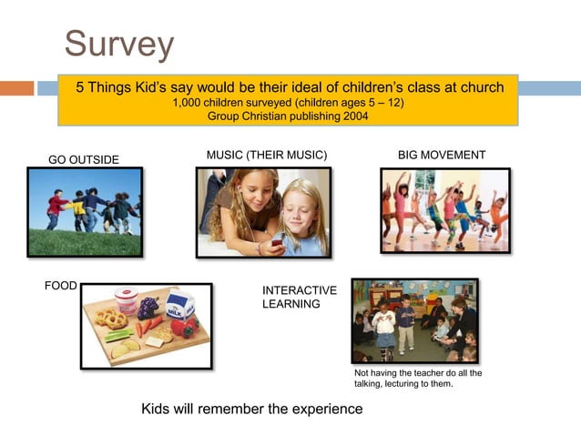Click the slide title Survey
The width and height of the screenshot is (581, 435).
pos(118,43)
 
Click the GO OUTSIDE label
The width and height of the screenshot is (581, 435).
pos(83,160)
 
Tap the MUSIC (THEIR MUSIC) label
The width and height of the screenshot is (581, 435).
pos(266,155)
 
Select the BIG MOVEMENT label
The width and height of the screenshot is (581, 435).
pos(442,155)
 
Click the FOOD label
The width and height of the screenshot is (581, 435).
pos(61,286)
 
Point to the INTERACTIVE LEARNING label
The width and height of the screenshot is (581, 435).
pos(299,297)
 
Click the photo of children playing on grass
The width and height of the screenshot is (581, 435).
pos(84,212)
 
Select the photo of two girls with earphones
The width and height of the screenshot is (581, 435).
pos(263,212)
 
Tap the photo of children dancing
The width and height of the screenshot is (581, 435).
pos(444,210)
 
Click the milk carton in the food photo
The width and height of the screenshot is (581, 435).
pos(179,307)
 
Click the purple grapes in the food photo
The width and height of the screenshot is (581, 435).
pos(148,308)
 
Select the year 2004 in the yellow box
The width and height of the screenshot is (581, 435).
pos(353,116)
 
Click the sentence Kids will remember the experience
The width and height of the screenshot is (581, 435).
pos(251,409)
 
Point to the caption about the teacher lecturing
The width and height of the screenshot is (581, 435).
pos(417,379)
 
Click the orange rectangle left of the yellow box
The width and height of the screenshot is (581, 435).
pos(16,88)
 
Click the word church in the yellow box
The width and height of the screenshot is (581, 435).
pos(481,87)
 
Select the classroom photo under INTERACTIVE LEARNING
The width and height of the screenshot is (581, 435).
pos(414,320)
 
